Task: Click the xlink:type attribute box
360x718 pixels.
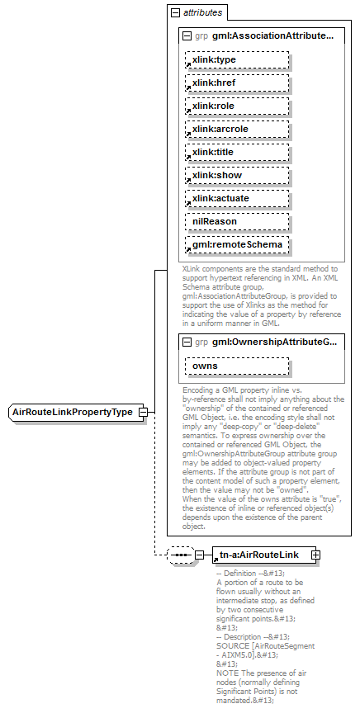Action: (x=237, y=60)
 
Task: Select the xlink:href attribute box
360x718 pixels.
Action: (x=237, y=83)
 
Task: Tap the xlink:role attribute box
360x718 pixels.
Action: (x=237, y=106)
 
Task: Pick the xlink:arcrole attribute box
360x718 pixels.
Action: (x=237, y=130)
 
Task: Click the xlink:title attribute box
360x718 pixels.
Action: (x=237, y=153)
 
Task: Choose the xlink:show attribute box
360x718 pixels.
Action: (x=237, y=176)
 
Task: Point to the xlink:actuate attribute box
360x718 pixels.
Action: (x=237, y=199)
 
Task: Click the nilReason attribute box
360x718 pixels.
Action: (x=237, y=222)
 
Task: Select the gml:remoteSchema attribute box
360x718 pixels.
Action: (x=237, y=245)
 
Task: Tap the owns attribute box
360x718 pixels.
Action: (x=237, y=366)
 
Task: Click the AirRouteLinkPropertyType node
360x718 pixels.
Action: (x=73, y=412)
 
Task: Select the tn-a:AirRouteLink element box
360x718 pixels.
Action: (x=260, y=555)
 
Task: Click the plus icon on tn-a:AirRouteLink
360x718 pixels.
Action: (x=315, y=555)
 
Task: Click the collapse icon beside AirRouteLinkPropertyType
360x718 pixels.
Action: (x=143, y=412)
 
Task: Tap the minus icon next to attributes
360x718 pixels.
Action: (x=174, y=13)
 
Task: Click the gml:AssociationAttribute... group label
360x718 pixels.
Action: (x=272, y=36)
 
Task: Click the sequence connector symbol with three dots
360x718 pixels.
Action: (x=179, y=555)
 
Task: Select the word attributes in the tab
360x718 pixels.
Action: (x=202, y=13)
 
